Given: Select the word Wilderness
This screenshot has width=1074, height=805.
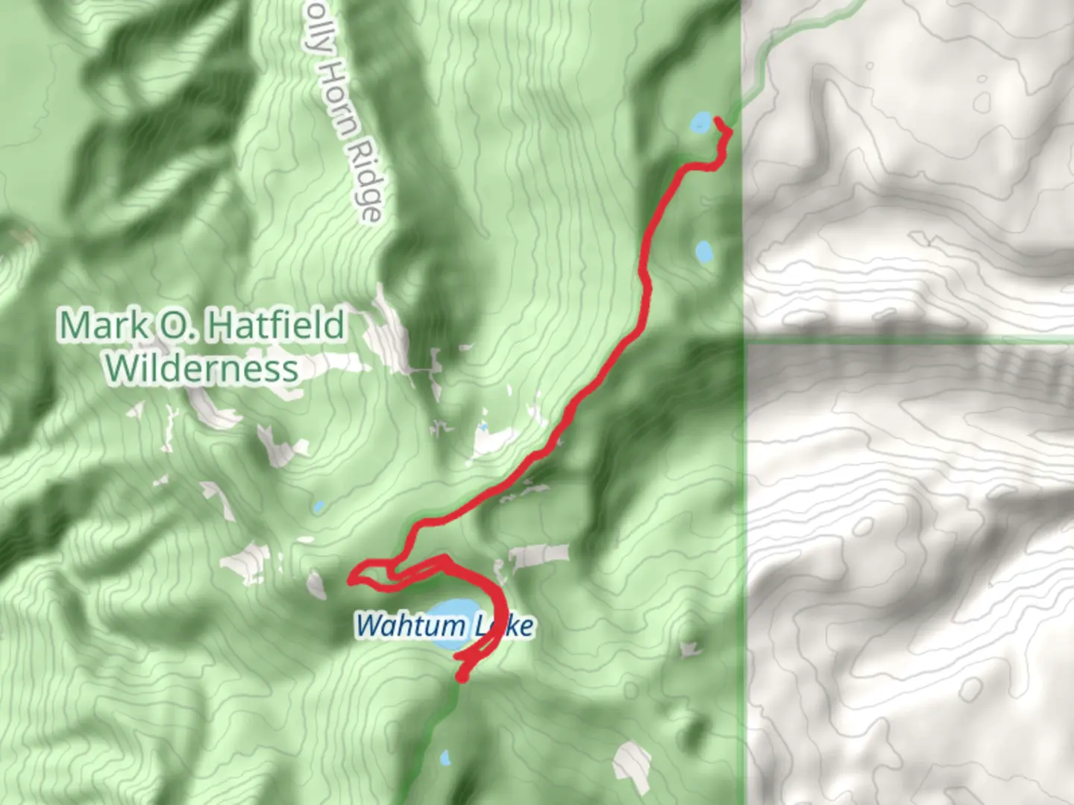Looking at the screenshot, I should pyautogui.click(x=201, y=368).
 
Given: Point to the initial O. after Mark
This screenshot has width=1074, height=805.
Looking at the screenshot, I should pyautogui.click(x=171, y=325).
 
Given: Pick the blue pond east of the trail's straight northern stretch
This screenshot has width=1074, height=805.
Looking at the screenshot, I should pyautogui.click(x=703, y=252).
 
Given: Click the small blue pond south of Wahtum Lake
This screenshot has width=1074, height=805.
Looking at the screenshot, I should pyautogui.click(x=445, y=758).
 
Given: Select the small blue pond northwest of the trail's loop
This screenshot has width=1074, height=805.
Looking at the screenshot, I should pyautogui.click(x=318, y=507).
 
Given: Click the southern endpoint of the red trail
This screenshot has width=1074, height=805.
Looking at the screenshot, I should pyautogui.click(x=462, y=678).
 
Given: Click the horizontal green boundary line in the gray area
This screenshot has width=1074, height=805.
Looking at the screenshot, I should pyautogui.click(x=910, y=340).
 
